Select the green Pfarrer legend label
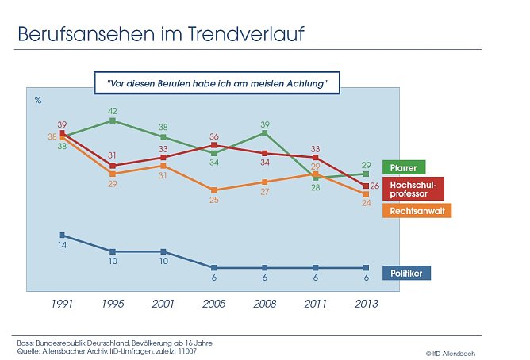[x=404, y=167]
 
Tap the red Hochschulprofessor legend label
[x=412, y=189]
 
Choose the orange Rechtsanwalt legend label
[x=417, y=211]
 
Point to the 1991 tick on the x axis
[x=62, y=303]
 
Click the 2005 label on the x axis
[x=214, y=303]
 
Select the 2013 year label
[x=366, y=303]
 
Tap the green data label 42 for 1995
[x=113, y=111]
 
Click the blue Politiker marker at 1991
[x=62, y=235]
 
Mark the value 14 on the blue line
[x=62, y=247]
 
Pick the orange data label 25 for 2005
[x=214, y=201]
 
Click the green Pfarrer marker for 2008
[x=265, y=133]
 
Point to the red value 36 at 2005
[x=213, y=136]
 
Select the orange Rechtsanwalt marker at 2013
[x=367, y=193]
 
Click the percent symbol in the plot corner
[x=37, y=100]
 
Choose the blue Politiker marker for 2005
[x=214, y=267]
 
